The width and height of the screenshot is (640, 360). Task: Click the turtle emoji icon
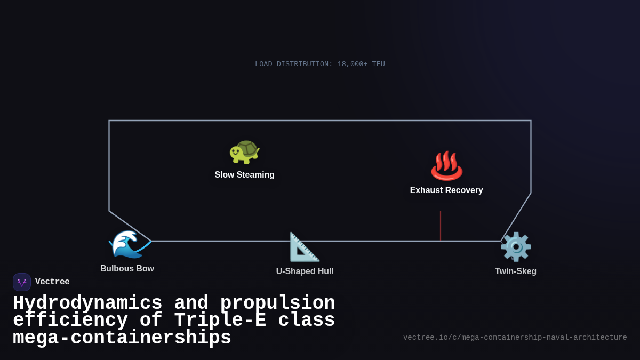[244, 152]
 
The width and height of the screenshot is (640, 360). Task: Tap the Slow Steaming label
[244, 175]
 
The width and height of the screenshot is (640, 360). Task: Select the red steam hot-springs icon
[446, 166]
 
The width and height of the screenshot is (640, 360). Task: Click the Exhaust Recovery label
[446, 190]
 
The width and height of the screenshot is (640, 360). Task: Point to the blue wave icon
[127, 244]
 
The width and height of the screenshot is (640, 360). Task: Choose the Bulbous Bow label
[127, 269]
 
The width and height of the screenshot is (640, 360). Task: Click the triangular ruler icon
[305, 247]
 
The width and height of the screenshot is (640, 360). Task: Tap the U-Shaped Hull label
[305, 271]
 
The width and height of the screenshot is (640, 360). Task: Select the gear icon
[516, 247]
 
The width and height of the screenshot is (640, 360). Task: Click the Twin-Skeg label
[516, 271]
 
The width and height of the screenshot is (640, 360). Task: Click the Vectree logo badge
[22, 282]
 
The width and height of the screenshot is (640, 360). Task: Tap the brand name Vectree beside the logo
[52, 282]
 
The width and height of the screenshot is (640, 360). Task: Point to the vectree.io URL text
[515, 338]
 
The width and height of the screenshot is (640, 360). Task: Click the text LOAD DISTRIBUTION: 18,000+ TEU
[320, 64]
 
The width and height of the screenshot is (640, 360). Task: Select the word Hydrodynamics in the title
[87, 303]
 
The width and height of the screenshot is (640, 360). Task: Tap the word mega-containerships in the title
[122, 338]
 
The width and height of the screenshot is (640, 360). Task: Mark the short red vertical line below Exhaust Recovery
[441, 226]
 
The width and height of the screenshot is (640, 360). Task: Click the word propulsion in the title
[277, 303]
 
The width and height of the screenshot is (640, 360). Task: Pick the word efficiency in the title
[70, 321]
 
